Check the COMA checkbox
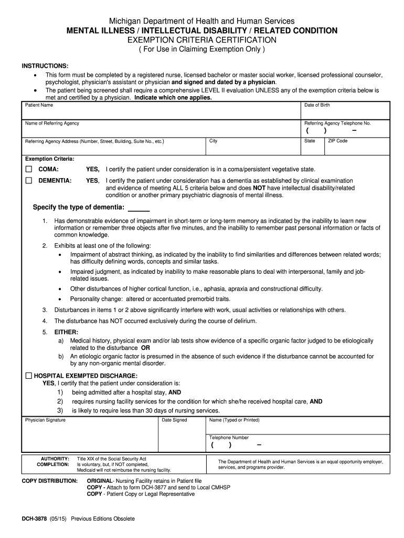pyautogui.click(x=28, y=169)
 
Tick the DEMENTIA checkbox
pyautogui.click(x=28, y=180)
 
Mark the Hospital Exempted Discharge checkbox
pyautogui.click(x=28, y=376)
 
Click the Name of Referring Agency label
pyautogui.click(x=52, y=123)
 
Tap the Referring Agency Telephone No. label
pyautogui.click(x=337, y=123)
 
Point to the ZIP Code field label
pyautogui.click(x=337, y=141)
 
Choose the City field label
pyautogui.click(x=213, y=141)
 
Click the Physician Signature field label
pyautogui.click(x=45, y=420)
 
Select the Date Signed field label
pyautogui.click(x=174, y=420)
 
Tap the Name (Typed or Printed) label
pyautogui.click(x=234, y=420)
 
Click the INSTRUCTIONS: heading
pyautogui.click(x=45, y=66)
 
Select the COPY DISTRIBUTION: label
pyautogui.click(x=49, y=481)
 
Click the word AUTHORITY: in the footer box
pyautogui.click(x=55, y=458)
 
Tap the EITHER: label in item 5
pyautogui.click(x=66, y=332)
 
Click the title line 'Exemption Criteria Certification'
pyautogui.click(x=202, y=40)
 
